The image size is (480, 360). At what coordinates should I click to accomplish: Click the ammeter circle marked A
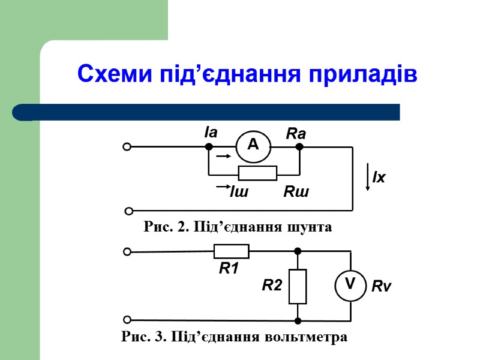(x=253, y=145)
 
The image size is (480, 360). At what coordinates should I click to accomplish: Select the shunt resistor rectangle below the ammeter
(x=257, y=173)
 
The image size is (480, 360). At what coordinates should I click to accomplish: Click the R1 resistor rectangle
(x=231, y=251)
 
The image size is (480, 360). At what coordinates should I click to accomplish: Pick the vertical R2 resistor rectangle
(x=298, y=287)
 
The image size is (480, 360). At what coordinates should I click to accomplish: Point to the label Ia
(x=210, y=132)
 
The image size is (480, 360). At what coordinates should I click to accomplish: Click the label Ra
(x=296, y=134)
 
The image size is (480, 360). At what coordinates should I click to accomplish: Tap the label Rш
(x=296, y=193)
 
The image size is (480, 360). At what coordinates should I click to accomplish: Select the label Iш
(x=239, y=193)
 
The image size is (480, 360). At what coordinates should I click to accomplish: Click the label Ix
(x=379, y=178)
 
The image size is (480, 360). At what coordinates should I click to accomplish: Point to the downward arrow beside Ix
(x=368, y=178)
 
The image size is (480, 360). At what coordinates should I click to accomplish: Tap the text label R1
(x=229, y=269)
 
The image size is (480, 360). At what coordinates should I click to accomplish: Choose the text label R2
(x=272, y=286)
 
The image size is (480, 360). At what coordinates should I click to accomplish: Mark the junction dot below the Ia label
(x=208, y=146)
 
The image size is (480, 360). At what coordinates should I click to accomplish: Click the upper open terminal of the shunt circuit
(x=127, y=146)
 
